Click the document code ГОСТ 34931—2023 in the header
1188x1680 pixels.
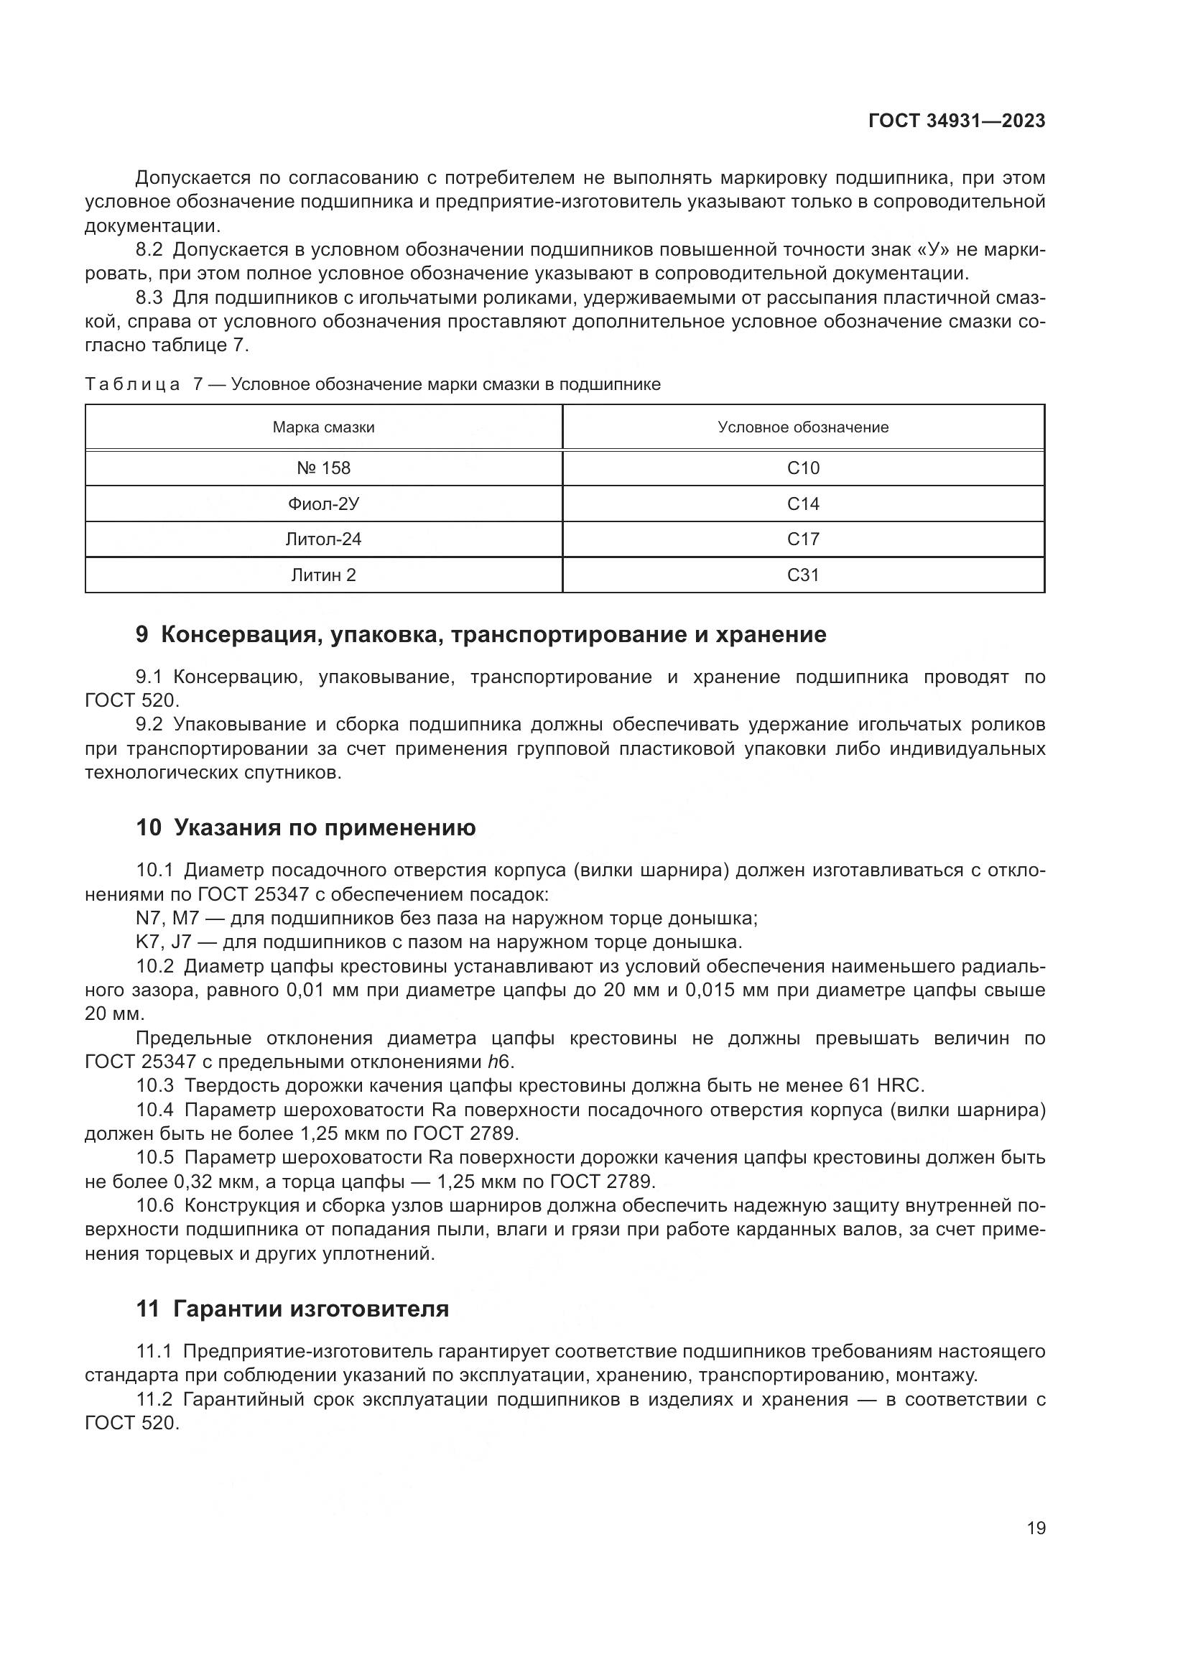(x=956, y=121)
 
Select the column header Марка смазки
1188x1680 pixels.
(x=323, y=427)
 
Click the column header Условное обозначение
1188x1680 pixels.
(x=802, y=427)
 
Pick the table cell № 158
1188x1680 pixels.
(x=323, y=468)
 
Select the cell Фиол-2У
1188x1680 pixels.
(x=323, y=504)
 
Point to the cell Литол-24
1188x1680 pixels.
(x=323, y=539)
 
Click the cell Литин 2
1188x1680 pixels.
(x=323, y=575)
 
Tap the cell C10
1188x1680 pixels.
(x=802, y=468)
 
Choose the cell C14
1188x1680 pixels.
(x=802, y=504)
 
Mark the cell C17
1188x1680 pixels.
(x=802, y=539)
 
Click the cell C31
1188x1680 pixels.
(x=802, y=575)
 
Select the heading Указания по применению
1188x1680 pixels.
(x=325, y=827)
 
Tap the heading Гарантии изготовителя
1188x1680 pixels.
(x=311, y=1308)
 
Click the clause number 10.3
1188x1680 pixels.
(x=154, y=1085)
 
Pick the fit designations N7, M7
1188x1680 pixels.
(x=167, y=919)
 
